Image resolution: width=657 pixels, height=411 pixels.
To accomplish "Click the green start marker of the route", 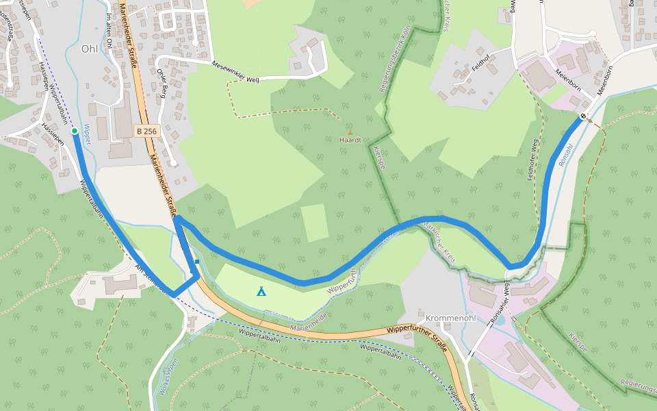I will click(x=74, y=130).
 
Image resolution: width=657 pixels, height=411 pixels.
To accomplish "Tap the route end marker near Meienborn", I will click(x=582, y=116).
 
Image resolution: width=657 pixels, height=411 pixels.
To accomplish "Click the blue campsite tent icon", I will click(x=261, y=291).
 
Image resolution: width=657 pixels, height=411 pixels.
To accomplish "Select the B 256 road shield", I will click(x=146, y=131).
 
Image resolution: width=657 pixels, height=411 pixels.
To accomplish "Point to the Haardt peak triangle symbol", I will click(x=350, y=133).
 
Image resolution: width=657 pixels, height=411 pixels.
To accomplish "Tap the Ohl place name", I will click(x=89, y=49).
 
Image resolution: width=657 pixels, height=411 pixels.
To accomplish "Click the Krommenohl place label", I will click(x=450, y=319).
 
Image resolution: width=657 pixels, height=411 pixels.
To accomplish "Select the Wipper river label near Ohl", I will click(x=86, y=134).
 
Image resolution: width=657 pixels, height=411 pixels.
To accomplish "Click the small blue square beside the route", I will click(x=196, y=262).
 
